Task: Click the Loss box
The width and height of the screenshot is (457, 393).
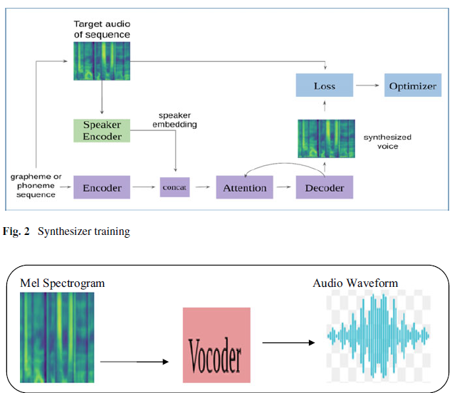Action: tap(324, 86)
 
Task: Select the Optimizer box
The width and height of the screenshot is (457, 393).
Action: tap(412, 86)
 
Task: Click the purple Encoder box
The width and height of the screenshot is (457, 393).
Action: tap(102, 188)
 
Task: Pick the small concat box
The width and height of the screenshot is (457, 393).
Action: tap(175, 188)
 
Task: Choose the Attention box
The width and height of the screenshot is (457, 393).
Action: tap(245, 188)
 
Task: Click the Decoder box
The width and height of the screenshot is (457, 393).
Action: tap(325, 188)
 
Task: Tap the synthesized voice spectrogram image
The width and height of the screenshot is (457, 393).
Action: tap(325, 138)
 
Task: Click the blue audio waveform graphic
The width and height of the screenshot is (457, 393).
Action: tap(379, 335)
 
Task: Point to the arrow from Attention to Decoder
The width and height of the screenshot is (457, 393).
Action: tap(284, 188)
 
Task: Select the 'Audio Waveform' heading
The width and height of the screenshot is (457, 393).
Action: tap(355, 283)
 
